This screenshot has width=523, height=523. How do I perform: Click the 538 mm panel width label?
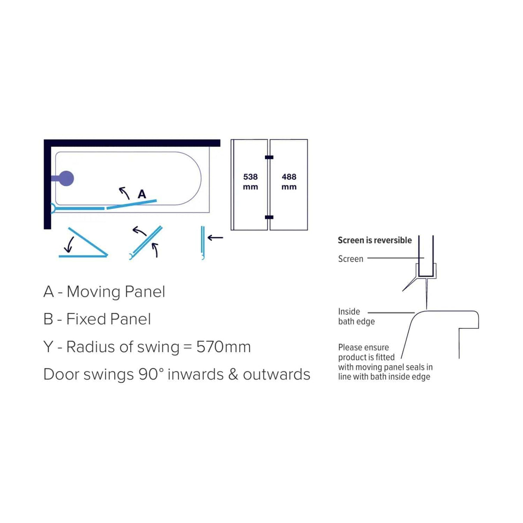(250, 181)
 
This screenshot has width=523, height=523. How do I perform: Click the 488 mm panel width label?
(289, 181)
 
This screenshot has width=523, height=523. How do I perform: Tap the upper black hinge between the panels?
(269, 157)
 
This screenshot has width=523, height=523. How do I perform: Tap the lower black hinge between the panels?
(269, 217)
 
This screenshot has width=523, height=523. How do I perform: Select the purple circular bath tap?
(65, 178)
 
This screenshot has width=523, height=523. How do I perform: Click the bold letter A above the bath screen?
(142, 194)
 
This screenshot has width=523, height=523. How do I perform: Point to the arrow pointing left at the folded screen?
(215, 238)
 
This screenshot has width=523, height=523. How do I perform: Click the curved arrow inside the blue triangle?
(69, 245)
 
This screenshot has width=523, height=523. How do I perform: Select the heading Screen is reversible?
(374, 240)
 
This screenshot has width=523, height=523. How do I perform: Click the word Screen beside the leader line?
(350, 258)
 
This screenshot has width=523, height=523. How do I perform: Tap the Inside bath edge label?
(356, 317)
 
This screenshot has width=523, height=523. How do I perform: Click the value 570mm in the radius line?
(223, 347)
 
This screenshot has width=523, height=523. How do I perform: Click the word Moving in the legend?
(93, 293)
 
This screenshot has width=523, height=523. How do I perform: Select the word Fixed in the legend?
(86, 319)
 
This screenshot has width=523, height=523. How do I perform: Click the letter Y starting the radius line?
(48, 347)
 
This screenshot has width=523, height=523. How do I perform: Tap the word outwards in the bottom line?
(276, 374)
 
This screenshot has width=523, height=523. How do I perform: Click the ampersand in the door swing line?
(233, 374)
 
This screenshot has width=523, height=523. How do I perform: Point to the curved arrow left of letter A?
(124, 193)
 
